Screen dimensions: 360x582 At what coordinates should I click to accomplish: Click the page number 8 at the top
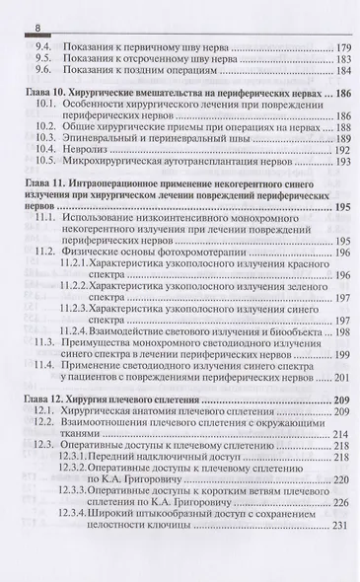click(x=10, y=10)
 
